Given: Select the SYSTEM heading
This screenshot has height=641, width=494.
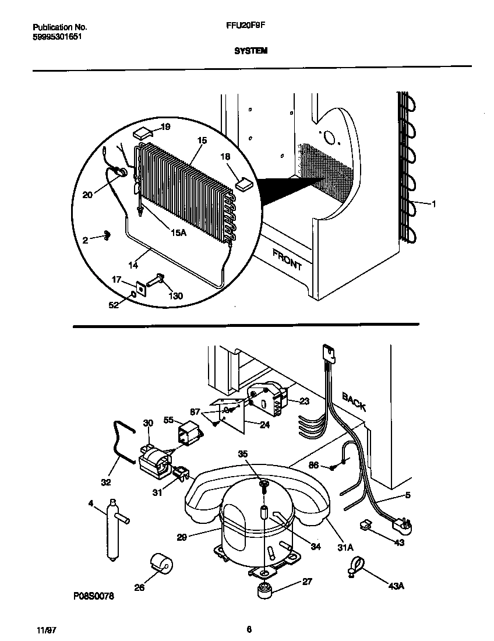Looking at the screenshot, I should click(250, 51).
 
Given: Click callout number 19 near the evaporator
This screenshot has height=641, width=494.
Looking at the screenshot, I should click(165, 126).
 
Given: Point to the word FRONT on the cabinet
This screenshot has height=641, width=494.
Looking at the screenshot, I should click(287, 258).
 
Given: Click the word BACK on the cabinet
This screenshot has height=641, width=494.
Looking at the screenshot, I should click(354, 402).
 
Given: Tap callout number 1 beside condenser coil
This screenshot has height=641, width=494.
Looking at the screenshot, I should click(433, 203).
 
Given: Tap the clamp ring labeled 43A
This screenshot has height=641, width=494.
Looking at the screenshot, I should click(357, 565).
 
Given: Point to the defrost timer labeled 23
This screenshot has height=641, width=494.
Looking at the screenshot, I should click(268, 398).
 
